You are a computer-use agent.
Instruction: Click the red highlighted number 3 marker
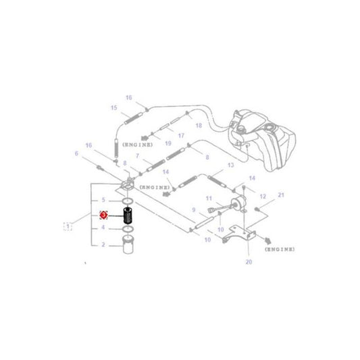[103, 215]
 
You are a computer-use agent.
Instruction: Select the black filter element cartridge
[126, 217]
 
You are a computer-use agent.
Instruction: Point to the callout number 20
[248, 262]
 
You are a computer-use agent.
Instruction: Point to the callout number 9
[193, 210]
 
